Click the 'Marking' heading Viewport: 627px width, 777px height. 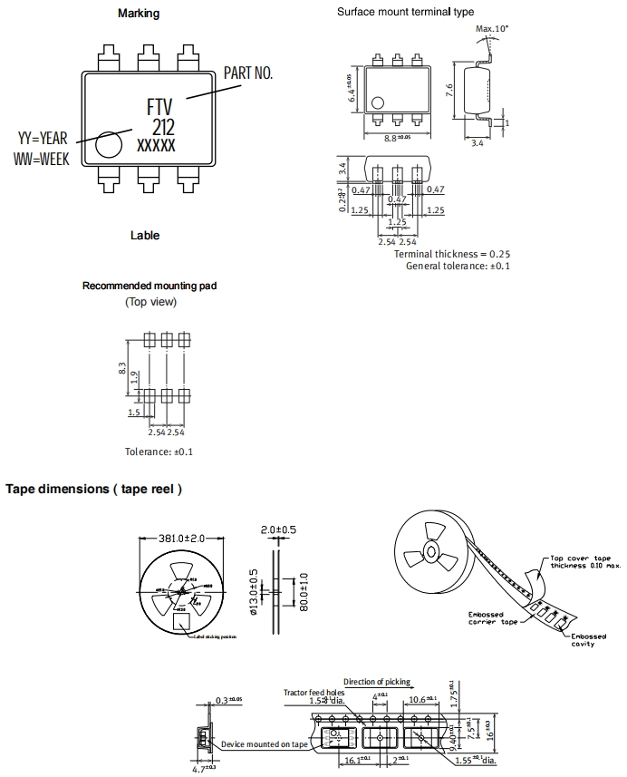139,14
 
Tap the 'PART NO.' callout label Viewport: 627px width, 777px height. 247,73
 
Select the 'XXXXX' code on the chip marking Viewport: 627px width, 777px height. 156,145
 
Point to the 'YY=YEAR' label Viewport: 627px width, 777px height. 43,139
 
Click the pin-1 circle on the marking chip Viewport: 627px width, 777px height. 109,145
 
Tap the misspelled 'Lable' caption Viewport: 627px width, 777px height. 144,236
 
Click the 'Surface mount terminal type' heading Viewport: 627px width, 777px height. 405,12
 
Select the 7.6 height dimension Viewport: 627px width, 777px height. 449,90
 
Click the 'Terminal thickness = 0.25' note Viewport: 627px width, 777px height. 452,254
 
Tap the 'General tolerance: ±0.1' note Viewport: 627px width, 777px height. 458,266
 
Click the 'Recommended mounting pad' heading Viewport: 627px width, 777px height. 150,286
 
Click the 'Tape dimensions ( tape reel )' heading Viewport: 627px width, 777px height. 94,489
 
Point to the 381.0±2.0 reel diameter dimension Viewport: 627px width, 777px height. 183,539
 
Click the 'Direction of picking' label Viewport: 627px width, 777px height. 376,682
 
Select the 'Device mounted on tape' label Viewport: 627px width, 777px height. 265,743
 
